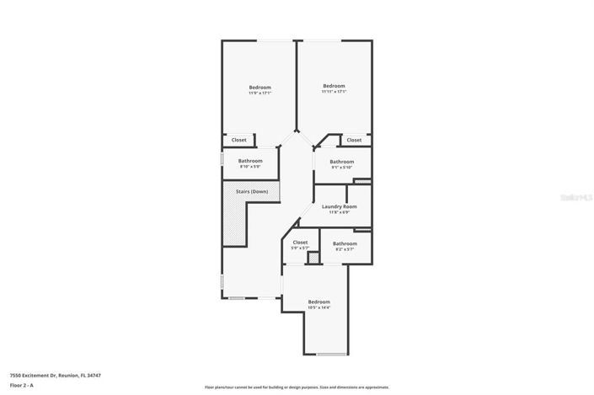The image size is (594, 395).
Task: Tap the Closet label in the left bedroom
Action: (x=239, y=140)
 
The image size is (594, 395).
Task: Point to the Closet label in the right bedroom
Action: (x=354, y=140)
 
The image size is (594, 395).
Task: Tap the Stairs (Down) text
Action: (x=242, y=192)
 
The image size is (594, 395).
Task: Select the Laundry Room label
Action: (x=340, y=206)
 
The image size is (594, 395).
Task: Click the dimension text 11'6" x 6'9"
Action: (x=340, y=212)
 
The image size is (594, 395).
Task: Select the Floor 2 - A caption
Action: (x=22, y=385)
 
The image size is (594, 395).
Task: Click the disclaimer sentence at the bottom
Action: (x=297, y=387)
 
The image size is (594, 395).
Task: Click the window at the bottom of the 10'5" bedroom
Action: (x=331, y=355)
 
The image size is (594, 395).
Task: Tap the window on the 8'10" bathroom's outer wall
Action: (x=222, y=157)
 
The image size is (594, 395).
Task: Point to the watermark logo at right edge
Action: (x=576, y=196)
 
